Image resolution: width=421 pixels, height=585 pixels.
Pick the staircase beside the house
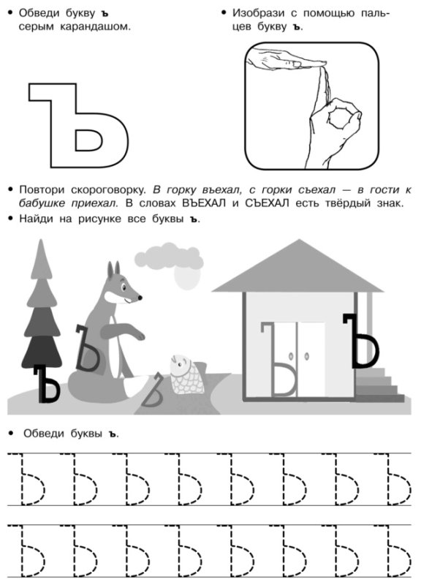[378, 382]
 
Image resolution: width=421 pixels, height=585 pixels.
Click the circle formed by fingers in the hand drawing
[339, 116]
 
